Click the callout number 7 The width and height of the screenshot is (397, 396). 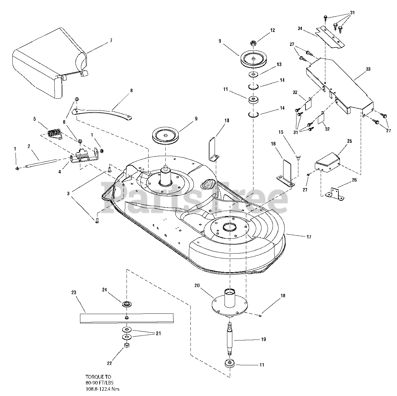pyautogui.click(x=111, y=40)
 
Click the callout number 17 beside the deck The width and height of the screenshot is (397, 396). pyautogui.click(x=309, y=237)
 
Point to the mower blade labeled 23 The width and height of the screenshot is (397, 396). pyautogui.click(x=127, y=318)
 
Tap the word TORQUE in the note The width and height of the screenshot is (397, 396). pyautogui.click(x=93, y=377)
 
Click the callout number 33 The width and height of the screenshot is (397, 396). pyautogui.click(x=368, y=69)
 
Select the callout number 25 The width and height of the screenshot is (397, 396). pyautogui.click(x=350, y=141)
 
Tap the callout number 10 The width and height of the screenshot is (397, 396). pyautogui.click(x=227, y=120)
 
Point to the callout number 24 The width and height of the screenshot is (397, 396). pyautogui.click(x=105, y=290)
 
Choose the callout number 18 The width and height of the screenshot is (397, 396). pyautogui.click(x=283, y=296)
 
